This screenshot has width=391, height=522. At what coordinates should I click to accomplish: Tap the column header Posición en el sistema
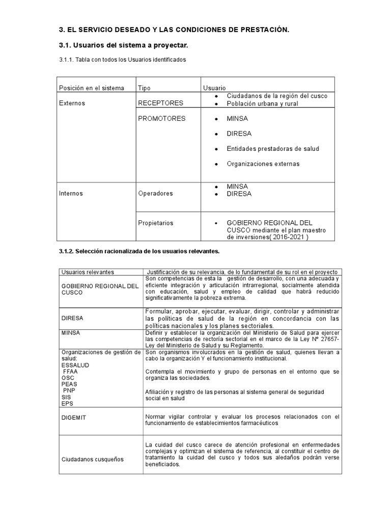(92, 88)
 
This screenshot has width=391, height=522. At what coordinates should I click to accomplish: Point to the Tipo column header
(145, 88)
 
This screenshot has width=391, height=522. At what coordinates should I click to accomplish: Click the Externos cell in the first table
(72, 103)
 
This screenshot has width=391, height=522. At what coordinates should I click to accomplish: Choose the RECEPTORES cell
(160, 103)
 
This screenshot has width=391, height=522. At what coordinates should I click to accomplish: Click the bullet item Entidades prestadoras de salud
(273, 149)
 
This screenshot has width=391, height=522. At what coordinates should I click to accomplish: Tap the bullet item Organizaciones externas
(263, 164)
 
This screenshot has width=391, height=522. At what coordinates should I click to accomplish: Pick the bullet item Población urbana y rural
(262, 103)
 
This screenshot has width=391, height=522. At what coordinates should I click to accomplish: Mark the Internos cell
(71, 194)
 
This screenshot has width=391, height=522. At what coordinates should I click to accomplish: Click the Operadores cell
(155, 194)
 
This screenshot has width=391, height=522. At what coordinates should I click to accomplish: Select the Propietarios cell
(156, 223)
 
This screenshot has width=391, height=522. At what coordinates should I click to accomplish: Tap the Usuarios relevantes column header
(88, 272)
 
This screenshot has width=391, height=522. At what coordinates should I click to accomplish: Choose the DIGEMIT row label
(74, 417)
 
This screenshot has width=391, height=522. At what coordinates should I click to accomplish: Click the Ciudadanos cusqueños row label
(92, 459)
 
